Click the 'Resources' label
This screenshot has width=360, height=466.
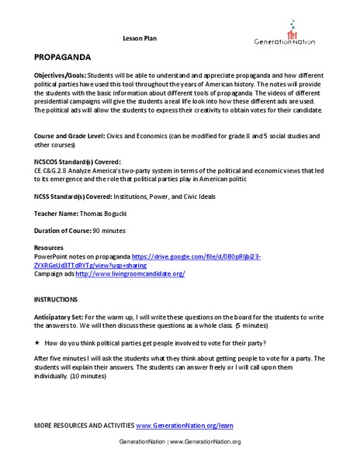point(51,247)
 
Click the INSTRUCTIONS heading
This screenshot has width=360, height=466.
point(55,299)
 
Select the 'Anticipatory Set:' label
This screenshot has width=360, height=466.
point(63,315)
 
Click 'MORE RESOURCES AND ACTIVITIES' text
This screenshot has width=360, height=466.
point(84,426)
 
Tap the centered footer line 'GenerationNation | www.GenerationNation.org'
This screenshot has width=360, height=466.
point(180,441)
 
